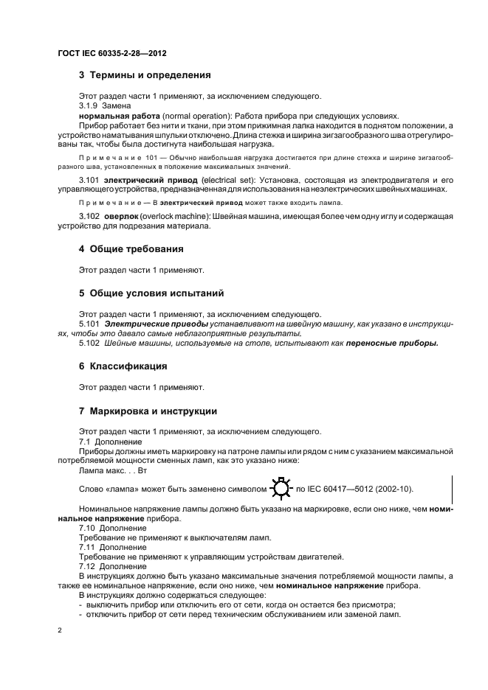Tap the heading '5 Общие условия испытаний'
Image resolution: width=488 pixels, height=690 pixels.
pos(151,293)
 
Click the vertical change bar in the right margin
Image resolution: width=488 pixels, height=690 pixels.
pos(450,489)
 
